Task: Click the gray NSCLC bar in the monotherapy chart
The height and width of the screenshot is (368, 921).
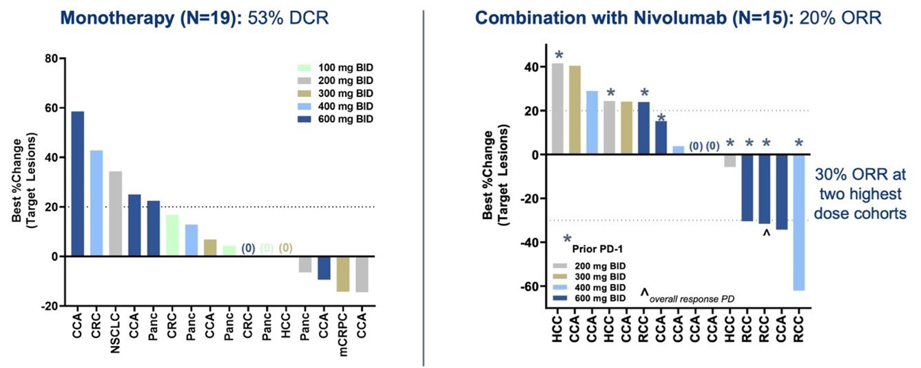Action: coord(116,214)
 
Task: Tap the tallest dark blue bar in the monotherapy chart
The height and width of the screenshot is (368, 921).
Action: coord(78,183)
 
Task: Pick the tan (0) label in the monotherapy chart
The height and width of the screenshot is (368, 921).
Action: coord(286,247)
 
